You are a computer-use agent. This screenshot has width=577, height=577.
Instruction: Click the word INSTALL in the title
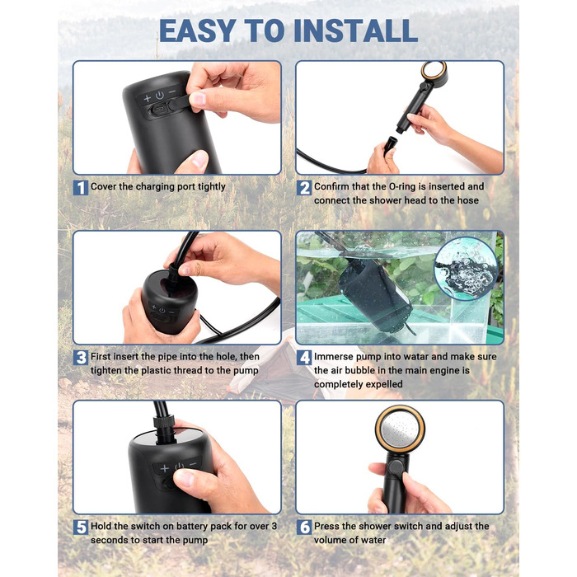pos(355,30)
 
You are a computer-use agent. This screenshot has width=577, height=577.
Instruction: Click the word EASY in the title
pos(197,30)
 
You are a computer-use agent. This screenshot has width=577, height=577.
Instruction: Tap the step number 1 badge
pos(81,188)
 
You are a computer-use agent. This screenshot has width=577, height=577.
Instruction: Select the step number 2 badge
pos(304,188)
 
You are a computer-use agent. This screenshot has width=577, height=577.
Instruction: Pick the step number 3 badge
pos(81,358)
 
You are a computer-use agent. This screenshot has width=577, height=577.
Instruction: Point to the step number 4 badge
pos(304,358)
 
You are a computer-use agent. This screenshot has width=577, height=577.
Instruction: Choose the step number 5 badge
pos(81,528)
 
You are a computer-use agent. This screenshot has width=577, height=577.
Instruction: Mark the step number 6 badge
pos(304,528)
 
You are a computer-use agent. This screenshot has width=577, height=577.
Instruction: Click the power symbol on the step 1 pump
pos(160,96)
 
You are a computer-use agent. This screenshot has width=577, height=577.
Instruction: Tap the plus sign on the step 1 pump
pos(148,98)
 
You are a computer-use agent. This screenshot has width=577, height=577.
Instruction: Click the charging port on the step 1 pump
pos(159,110)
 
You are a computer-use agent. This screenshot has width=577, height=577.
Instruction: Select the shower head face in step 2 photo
pos(434,70)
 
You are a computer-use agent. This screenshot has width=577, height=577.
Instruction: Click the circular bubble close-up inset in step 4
pos(466,269)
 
